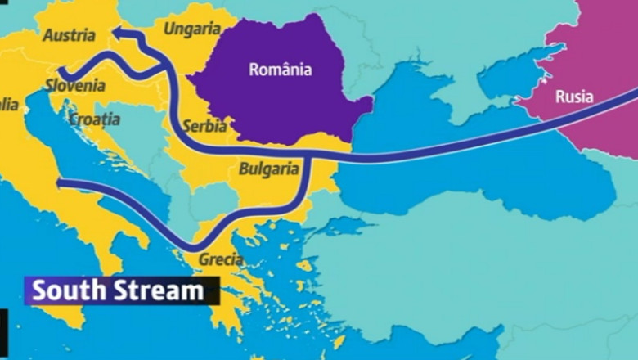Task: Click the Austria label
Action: pos(68,36)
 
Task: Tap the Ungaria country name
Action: pos(191,29)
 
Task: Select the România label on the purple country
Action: pos(280,70)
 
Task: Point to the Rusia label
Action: pos(574,97)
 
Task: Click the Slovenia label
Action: pos(74,85)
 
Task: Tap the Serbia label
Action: pos(205,127)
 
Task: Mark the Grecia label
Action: pos(220,259)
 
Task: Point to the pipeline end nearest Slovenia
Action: pos(59,71)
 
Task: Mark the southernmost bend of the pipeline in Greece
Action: pos(195,246)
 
